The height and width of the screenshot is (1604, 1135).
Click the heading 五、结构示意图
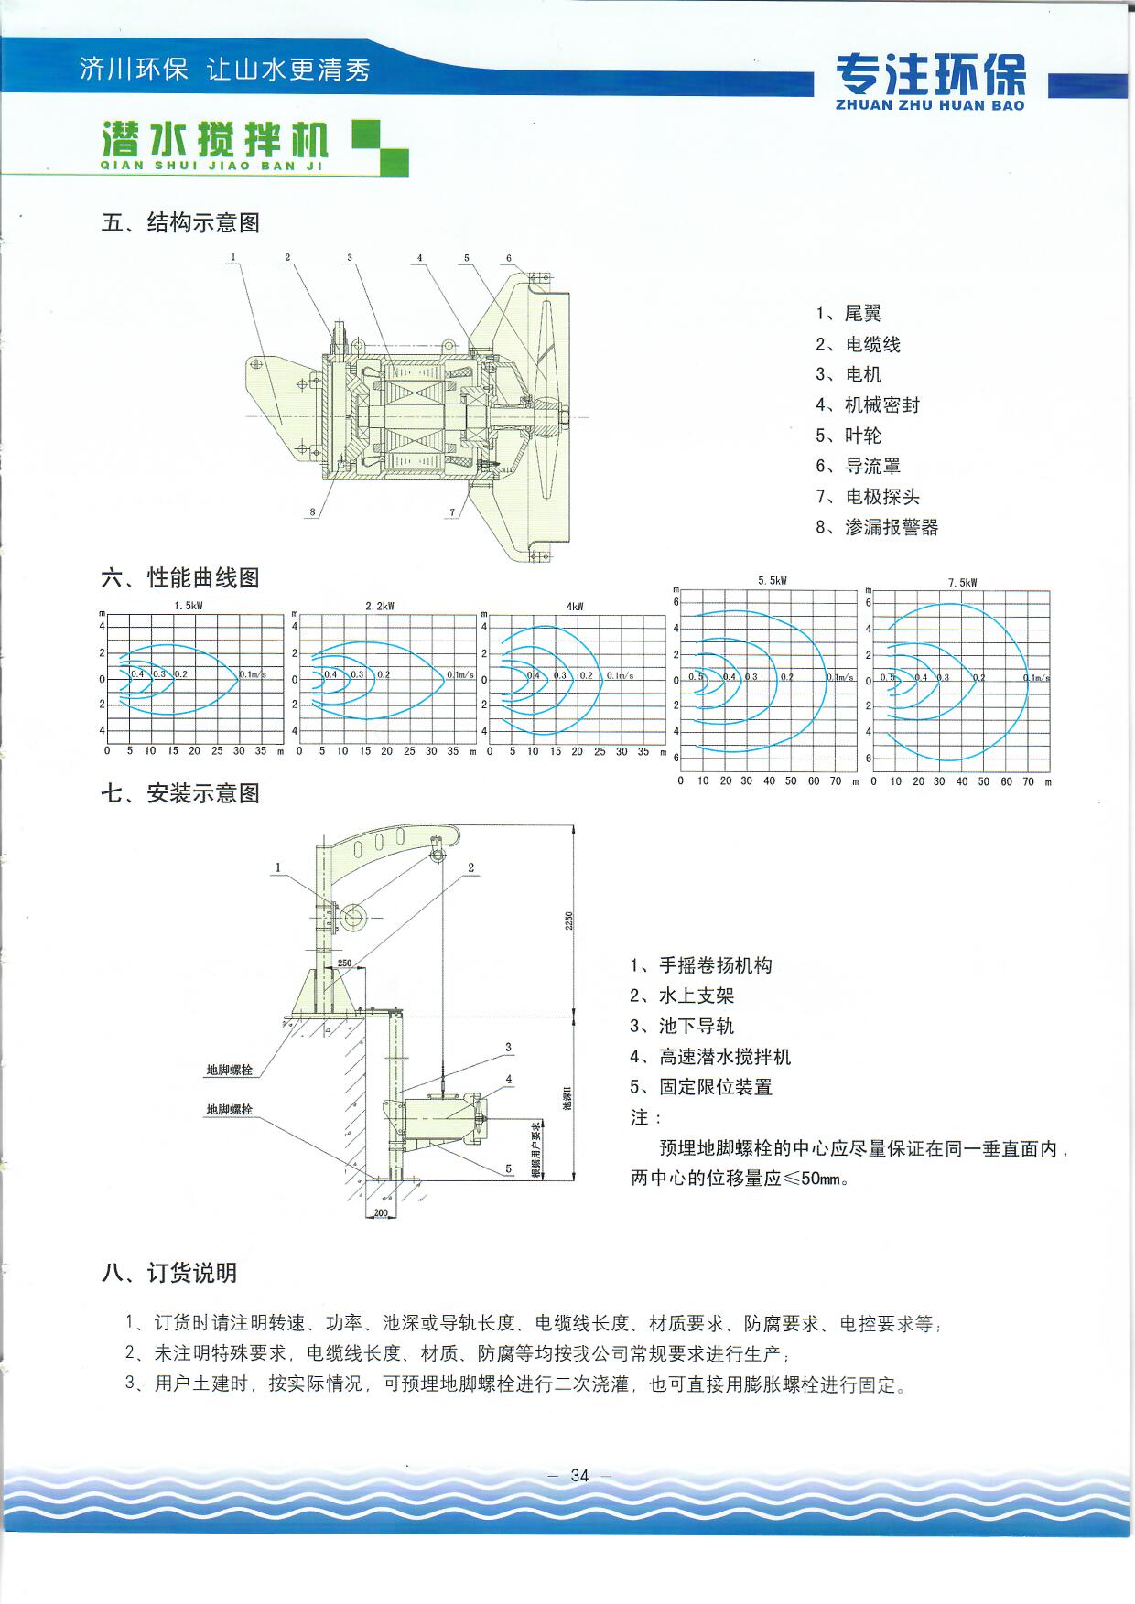(180, 222)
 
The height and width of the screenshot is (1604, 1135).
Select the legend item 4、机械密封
(868, 404)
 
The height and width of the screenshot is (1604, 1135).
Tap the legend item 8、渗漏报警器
(877, 527)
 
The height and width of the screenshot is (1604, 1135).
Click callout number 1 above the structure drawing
(233, 257)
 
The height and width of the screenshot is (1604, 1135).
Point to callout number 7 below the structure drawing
(452, 513)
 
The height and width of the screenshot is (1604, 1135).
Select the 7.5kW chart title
(962, 583)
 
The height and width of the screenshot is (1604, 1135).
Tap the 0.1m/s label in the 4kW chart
(620, 676)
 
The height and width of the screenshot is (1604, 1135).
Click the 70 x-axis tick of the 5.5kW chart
(836, 781)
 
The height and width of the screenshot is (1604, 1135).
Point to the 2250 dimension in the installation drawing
(567, 920)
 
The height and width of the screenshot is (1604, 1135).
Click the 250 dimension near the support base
(344, 963)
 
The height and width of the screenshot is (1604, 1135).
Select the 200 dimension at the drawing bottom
(381, 1213)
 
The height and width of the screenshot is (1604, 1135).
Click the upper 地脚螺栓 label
(229, 1070)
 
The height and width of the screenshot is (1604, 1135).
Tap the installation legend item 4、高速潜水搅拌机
(710, 1057)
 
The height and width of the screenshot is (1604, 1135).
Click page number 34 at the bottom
(579, 1476)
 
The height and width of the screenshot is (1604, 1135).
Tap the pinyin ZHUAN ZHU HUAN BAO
(930, 106)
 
